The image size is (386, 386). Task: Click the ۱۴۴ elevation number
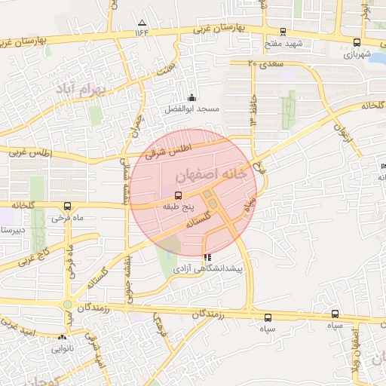142,32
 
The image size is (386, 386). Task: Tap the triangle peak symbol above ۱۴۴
142,23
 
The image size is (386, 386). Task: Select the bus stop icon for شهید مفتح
283,32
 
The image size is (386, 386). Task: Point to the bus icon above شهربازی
357,43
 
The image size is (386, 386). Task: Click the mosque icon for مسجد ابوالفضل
191,97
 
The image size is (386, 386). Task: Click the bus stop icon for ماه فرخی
68,206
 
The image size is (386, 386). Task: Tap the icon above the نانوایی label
61,339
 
